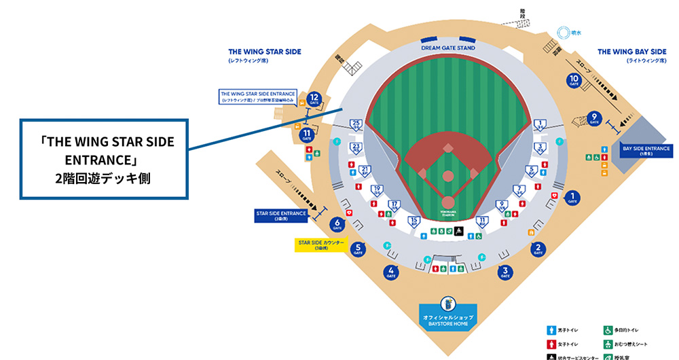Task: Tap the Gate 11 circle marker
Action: coord(308,134)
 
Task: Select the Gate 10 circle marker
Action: coord(574,81)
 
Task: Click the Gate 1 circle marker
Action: coord(572,198)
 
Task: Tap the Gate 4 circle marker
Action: coord(391,273)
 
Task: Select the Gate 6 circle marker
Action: coord(337,223)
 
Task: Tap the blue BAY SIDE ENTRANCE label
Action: coord(646,150)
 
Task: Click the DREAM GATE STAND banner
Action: coord(447,48)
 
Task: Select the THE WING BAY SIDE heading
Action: coord(631,52)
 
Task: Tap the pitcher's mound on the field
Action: coord(448,176)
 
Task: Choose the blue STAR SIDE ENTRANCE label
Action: coord(281,215)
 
